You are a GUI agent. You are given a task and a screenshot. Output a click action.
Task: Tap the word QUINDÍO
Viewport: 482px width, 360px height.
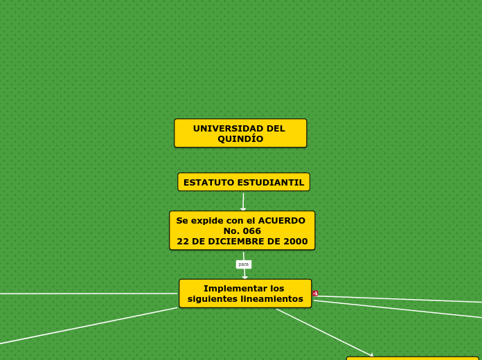[240, 139]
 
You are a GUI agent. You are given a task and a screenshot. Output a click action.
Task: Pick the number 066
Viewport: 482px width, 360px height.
[251, 231]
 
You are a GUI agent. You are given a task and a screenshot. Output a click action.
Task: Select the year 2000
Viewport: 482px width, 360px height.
[295, 242]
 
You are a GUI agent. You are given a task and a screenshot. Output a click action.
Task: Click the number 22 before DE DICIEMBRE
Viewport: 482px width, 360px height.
[183, 242]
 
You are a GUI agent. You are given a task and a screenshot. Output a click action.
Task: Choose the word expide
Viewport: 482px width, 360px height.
[207, 221]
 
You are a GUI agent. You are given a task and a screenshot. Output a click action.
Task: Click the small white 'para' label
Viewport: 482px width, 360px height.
[243, 264]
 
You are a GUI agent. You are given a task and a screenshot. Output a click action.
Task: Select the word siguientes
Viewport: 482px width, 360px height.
[210, 299]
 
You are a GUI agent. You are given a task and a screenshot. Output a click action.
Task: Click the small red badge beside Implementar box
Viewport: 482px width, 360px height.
[315, 294]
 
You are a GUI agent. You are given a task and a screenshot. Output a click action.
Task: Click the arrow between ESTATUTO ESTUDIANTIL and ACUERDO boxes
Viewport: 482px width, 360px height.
[243, 201]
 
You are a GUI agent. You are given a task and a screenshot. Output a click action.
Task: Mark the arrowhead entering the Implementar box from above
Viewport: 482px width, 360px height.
[244, 276]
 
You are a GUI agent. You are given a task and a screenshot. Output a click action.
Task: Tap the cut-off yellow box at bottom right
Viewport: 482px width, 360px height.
[412, 358]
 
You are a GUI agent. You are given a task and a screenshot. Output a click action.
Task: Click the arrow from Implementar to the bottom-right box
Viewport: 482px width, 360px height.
[325, 332]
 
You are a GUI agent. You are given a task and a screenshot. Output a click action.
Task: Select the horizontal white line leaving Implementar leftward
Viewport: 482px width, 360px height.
[90, 294]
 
